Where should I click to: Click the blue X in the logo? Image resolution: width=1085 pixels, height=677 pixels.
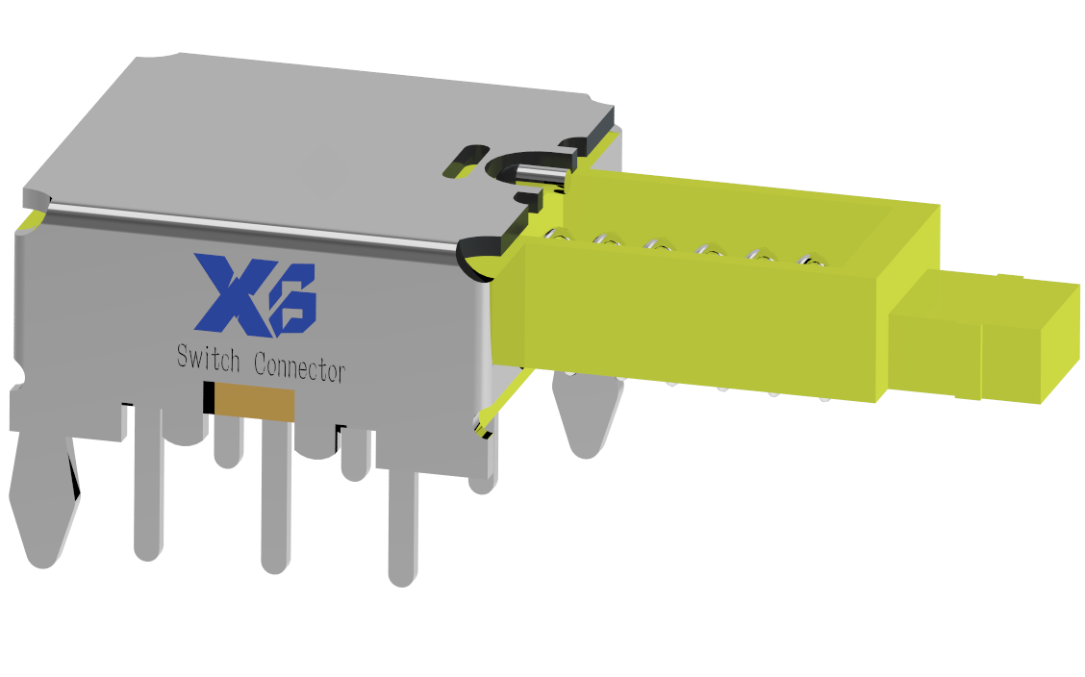tap(228, 292)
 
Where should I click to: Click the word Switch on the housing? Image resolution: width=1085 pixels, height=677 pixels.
tap(208, 359)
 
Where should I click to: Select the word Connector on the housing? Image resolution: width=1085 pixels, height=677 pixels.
tap(299, 366)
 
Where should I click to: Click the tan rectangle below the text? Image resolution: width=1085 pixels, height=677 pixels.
tap(254, 403)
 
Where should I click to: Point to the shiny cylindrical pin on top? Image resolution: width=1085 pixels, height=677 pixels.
tap(541, 175)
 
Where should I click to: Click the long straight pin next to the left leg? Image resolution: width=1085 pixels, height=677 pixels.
tap(147, 481)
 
